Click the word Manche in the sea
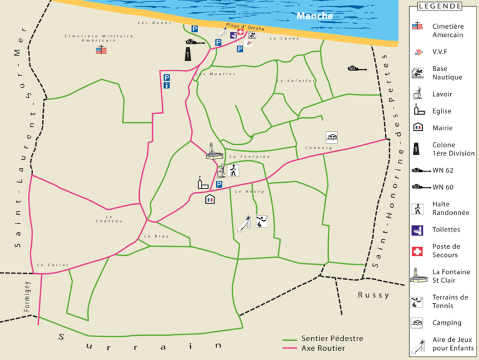click(x=314, y=16)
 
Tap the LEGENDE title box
click(x=440, y=6)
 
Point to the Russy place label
click(x=374, y=295)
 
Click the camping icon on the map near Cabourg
click(x=332, y=137)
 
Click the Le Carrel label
click(x=48, y=265)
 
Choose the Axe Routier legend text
click(x=322, y=348)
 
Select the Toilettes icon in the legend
click(x=417, y=230)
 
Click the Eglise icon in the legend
click(x=417, y=111)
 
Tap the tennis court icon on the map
click(x=262, y=220)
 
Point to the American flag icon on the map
click(x=100, y=49)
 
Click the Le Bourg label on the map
click(x=246, y=192)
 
